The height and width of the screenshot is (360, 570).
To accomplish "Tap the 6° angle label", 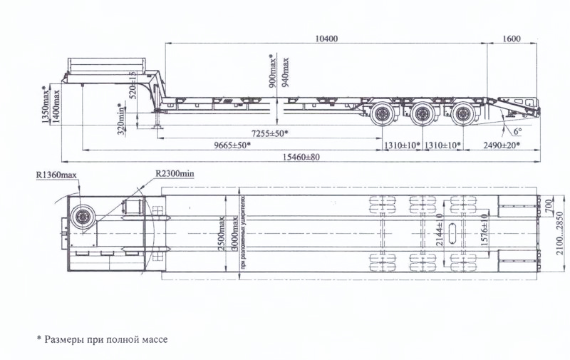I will (516, 130).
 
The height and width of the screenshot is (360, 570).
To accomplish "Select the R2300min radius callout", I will (175, 173).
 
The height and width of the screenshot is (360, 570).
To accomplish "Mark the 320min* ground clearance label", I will (121, 119).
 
